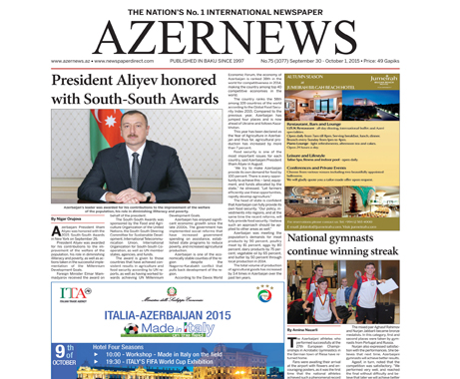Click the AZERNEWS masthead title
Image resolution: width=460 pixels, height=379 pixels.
pyautogui.click(x=230, y=37)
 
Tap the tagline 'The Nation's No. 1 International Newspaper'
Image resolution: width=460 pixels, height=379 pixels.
pyautogui.click(x=230, y=8)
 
